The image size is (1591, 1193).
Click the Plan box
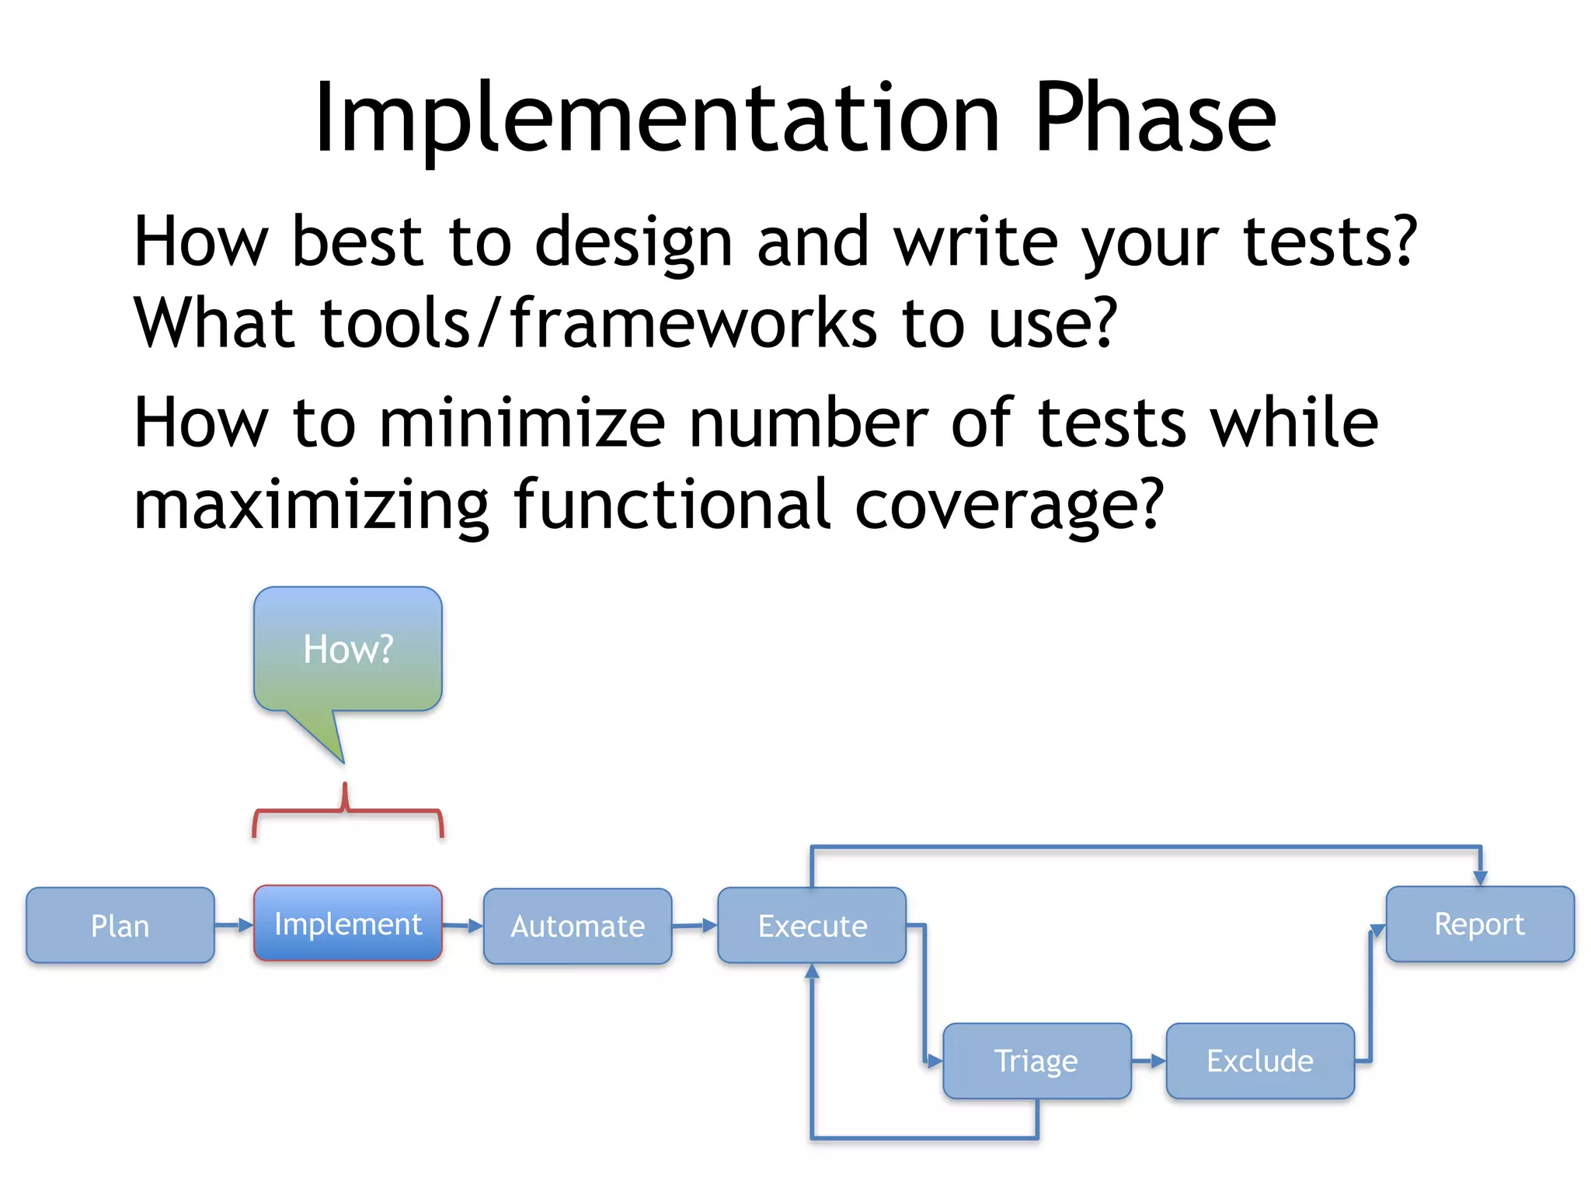point(120,925)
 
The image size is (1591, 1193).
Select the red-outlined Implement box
point(347,923)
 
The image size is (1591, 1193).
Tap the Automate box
point(577,926)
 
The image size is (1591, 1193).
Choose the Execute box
point(812,925)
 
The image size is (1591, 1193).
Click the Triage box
point(1036,1060)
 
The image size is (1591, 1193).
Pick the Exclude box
point(1259,1060)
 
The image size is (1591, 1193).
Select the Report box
point(1479,923)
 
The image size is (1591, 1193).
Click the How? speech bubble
point(347,649)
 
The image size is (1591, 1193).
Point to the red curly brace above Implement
point(347,812)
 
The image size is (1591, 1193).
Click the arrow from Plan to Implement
point(234,925)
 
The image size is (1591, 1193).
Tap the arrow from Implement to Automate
point(463,925)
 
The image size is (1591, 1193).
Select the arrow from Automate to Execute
point(695,925)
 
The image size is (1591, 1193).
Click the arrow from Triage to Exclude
point(1148,1060)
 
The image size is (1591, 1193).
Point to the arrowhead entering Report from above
point(1480,878)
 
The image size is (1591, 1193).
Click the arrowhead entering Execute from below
point(812,972)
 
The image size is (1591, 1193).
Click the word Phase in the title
point(1154,118)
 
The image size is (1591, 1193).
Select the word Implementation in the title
point(657,118)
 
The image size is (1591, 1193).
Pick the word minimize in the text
point(522,423)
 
